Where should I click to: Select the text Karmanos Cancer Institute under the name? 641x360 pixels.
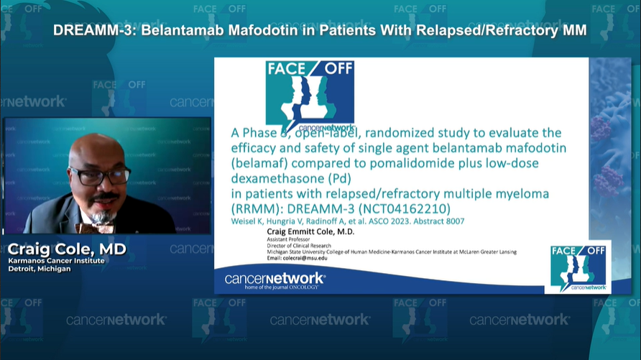point(56,260)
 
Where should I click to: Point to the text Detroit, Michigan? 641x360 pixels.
point(40,269)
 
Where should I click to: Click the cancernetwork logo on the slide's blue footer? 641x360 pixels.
point(275,279)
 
